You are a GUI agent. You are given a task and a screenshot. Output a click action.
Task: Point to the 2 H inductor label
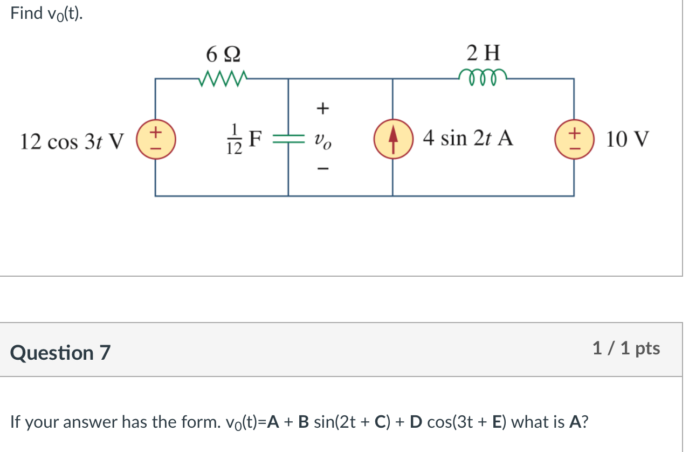(483, 53)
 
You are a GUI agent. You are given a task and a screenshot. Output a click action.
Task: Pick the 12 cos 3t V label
(72, 141)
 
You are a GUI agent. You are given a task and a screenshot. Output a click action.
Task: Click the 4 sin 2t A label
(468, 139)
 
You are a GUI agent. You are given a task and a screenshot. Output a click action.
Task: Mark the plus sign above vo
(322, 109)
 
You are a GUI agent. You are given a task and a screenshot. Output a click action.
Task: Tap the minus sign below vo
(322, 169)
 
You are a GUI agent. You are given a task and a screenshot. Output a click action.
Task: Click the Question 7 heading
(60, 353)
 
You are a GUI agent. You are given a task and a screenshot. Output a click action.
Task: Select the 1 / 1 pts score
(625, 348)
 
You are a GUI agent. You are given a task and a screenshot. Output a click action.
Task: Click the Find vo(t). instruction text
(47, 14)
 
